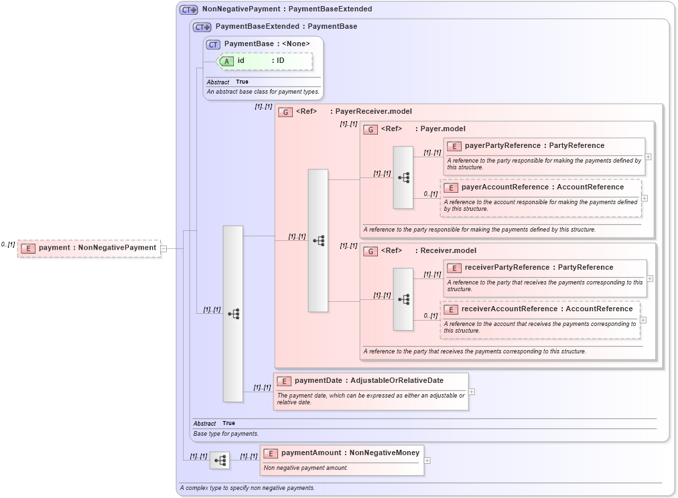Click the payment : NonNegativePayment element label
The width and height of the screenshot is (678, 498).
97,248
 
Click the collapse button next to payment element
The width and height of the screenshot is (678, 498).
163,248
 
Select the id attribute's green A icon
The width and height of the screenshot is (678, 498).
227,61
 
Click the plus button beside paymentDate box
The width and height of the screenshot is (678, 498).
472,392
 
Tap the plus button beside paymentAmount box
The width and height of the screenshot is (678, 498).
427,461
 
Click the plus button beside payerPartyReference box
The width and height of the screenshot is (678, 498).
649,157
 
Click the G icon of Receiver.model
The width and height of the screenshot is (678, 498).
370,251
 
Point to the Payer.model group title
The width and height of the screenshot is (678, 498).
442,129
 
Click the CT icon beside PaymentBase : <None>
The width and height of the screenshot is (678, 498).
213,44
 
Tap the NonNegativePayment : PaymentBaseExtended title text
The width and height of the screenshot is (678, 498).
287,9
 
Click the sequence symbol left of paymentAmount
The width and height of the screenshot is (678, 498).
220,461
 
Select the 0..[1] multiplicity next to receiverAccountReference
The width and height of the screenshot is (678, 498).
430,316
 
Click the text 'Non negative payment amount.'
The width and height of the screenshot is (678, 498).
306,468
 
